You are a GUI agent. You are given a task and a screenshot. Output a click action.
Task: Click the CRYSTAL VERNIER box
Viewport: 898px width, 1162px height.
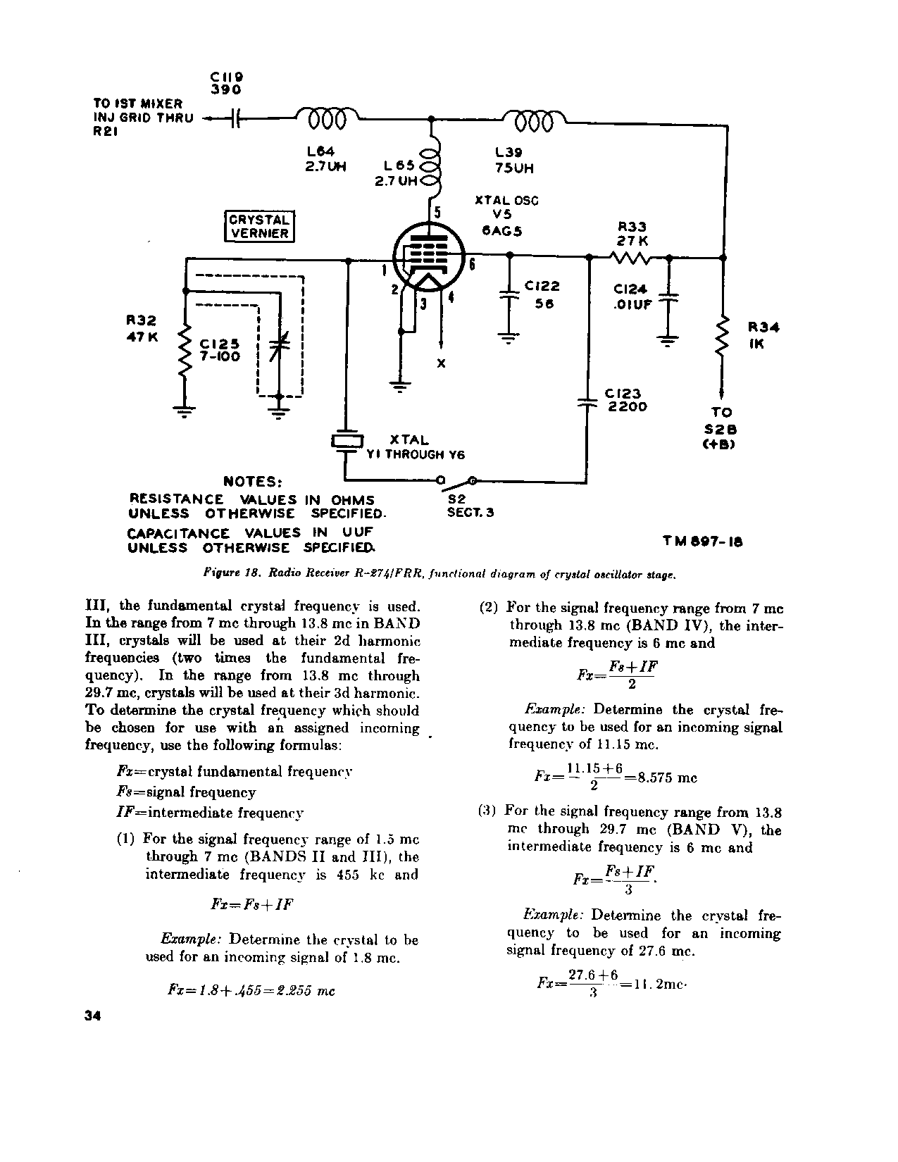[259, 226]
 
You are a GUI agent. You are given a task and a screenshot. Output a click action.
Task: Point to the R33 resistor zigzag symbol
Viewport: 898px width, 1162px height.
[630, 258]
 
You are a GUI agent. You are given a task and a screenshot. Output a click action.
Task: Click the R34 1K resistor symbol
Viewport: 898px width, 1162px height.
[723, 339]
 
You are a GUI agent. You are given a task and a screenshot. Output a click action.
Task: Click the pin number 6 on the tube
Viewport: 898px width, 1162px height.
[471, 264]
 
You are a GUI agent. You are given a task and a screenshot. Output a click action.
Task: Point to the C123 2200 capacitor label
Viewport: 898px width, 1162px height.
[625, 400]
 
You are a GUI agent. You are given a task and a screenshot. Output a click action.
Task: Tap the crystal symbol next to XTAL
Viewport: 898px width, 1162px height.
[347, 442]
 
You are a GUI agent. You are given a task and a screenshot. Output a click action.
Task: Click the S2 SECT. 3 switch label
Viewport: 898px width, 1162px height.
[470, 505]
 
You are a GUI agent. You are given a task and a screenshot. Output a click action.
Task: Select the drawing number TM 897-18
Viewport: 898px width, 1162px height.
[701, 542]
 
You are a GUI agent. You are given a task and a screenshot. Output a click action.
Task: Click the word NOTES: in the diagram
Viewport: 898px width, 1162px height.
[253, 482]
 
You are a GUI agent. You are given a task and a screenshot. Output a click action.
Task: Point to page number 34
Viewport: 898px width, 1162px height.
[92, 1016]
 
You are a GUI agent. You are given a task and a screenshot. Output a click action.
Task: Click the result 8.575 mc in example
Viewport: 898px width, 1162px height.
[666, 778]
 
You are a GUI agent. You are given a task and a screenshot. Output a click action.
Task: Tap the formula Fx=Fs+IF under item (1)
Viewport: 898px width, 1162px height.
[251, 904]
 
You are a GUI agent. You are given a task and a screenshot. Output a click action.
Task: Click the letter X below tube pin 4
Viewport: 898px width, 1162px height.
[441, 363]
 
